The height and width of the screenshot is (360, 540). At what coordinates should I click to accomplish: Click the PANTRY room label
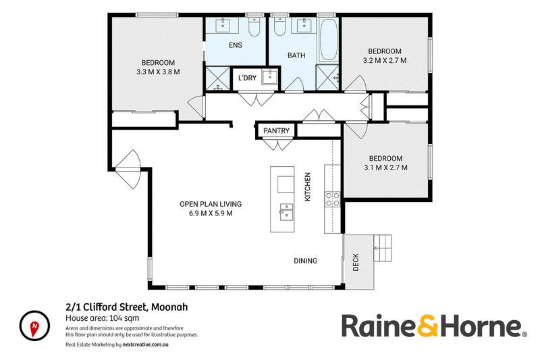pos(276,131)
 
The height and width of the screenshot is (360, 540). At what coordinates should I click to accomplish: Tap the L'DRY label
pos(247,78)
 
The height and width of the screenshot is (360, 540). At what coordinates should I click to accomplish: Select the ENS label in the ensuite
pos(236,45)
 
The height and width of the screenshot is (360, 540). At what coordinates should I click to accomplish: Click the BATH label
pos(296,55)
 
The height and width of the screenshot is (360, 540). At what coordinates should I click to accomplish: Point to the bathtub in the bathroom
pos(328,40)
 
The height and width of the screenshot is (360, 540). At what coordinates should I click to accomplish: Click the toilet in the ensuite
pos(255,26)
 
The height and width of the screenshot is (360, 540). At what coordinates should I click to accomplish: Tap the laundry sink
pos(269,77)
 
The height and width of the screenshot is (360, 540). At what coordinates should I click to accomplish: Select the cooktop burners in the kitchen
pos(332,199)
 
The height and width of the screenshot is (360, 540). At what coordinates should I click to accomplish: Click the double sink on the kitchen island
pos(286,211)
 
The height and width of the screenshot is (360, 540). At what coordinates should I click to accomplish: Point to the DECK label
pos(356,262)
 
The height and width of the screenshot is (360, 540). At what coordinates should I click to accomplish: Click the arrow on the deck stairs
pos(382,248)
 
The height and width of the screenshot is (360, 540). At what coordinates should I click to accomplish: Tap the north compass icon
pos(34,326)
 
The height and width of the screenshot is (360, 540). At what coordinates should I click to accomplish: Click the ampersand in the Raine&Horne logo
pos(428,326)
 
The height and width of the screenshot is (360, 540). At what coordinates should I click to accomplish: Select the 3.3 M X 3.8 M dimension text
pos(158,72)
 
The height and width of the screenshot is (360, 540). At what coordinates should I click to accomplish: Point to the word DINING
pos(306,261)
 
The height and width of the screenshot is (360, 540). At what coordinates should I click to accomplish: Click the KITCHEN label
pos(308,186)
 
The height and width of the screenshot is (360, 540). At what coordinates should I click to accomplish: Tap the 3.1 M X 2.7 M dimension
pos(385,168)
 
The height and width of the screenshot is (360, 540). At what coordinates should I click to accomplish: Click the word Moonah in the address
pos(170,307)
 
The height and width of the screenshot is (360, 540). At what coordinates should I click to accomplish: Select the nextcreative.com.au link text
pos(145,344)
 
